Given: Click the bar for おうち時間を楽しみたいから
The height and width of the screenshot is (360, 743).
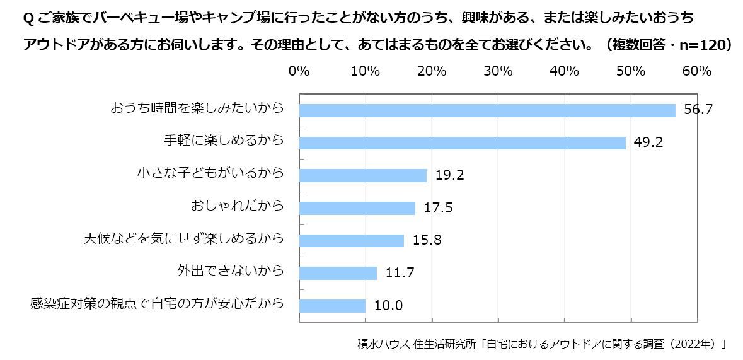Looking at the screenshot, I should (x=487, y=110).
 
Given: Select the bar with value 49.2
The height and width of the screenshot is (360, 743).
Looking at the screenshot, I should (x=462, y=143).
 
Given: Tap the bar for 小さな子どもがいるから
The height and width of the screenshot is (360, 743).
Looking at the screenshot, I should (x=362, y=175).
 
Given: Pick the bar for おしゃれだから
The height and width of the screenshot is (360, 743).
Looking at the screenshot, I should (x=357, y=208).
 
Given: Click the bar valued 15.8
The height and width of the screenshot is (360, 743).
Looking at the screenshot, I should (x=351, y=241).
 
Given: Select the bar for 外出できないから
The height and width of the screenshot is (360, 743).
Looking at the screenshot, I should (x=338, y=273).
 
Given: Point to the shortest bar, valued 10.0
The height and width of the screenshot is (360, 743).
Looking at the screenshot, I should (x=332, y=306).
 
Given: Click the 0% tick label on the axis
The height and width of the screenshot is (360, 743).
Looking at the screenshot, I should (x=299, y=71).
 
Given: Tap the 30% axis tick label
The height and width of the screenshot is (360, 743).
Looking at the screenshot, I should (x=498, y=71).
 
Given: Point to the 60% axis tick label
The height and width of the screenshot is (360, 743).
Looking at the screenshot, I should (x=697, y=71).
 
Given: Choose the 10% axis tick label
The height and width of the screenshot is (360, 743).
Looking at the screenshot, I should (x=365, y=71).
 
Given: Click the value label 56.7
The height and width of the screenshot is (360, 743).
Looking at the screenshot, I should (x=698, y=110).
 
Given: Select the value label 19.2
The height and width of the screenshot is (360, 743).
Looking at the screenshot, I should (x=450, y=176).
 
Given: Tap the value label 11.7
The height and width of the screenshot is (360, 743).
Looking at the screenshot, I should (x=400, y=274).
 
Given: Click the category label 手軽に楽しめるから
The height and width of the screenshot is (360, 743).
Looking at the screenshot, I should (x=223, y=140).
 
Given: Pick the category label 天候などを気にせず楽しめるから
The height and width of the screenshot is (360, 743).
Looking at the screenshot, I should (x=183, y=238).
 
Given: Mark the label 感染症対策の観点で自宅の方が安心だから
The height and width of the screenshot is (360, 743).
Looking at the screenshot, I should (x=157, y=304).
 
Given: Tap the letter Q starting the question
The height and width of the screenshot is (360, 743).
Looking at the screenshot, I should (x=27, y=19).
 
